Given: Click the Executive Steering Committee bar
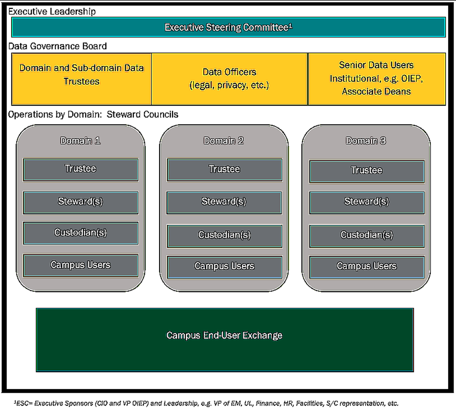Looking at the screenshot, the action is tap(228, 27).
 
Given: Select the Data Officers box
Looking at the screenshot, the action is tap(229, 79).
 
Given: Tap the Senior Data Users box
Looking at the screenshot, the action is tap(377, 79).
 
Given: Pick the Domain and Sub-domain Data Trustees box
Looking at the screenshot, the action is tap(82, 79).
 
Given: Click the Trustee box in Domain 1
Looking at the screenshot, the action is tap(81, 170).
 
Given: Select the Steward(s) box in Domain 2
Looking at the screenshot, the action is tap(224, 203).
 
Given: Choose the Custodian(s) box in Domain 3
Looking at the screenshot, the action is tap(367, 236).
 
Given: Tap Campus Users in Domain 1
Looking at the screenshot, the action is tap(81, 266).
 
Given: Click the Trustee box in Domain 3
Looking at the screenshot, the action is tap(367, 172).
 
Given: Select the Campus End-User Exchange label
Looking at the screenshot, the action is tap(225, 335).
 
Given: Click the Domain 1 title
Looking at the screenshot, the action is tap(80, 141).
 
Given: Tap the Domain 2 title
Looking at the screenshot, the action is tap(224, 141).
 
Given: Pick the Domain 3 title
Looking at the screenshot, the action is tap(366, 141).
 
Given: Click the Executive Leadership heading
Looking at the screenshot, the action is tap(52, 12).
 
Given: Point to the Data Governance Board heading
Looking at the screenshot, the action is tap(58, 46).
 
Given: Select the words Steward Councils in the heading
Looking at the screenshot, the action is tap(142, 115).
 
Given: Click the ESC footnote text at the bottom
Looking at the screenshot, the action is tap(206, 403).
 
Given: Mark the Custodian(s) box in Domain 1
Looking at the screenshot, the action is tap(81, 233).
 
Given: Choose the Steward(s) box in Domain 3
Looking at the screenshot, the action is tap(367, 203).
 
